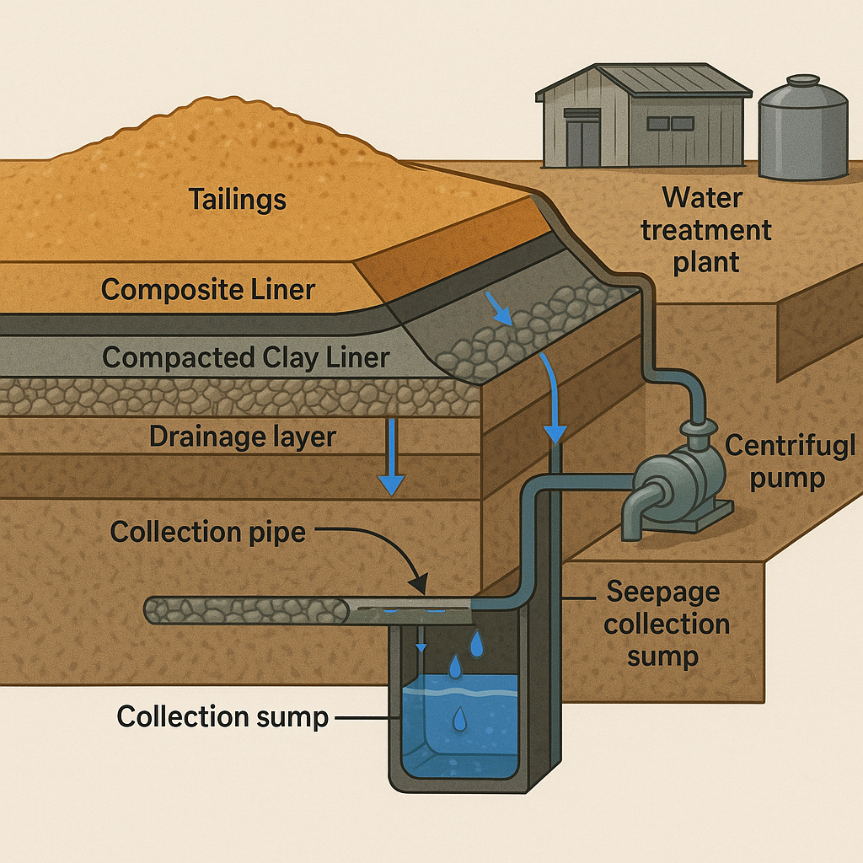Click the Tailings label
(237, 200)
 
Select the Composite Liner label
(208, 290)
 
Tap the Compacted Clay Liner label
(245, 357)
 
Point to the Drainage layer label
(242, 437)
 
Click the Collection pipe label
(207, 533)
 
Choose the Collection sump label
(222, 717)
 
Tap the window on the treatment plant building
(669, 123)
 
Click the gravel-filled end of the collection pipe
(244, 610)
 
